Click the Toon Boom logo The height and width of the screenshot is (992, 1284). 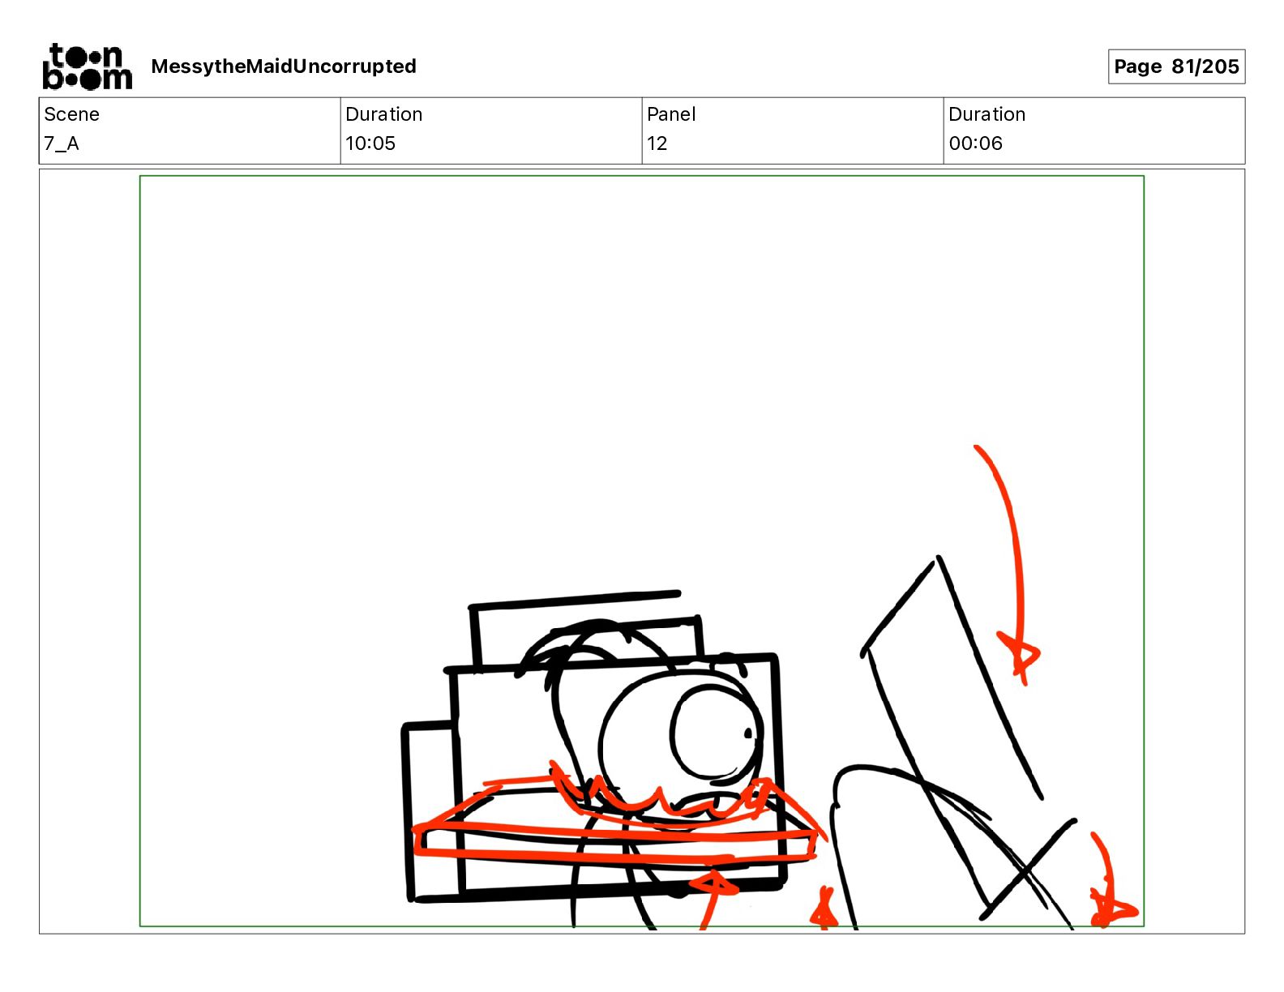click(88, 66)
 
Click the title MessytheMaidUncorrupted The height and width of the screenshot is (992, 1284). click(284, 66)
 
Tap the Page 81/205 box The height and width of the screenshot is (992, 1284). click(1176, 66)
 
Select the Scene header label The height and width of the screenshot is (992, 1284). click(71, 114)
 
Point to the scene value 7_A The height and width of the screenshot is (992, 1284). click(62, 143)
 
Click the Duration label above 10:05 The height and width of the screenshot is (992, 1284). click(383, 114)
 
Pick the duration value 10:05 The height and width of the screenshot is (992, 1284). click(370, 143)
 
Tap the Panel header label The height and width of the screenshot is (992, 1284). click(670, 114)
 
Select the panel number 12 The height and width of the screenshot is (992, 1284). click(657, 143)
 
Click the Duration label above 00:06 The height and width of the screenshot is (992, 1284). click(987, 114)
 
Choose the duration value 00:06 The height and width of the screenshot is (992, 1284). click(975, 143)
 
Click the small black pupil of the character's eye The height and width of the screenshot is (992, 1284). click(747, 733)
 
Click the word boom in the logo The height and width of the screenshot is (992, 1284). click(88, 79)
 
